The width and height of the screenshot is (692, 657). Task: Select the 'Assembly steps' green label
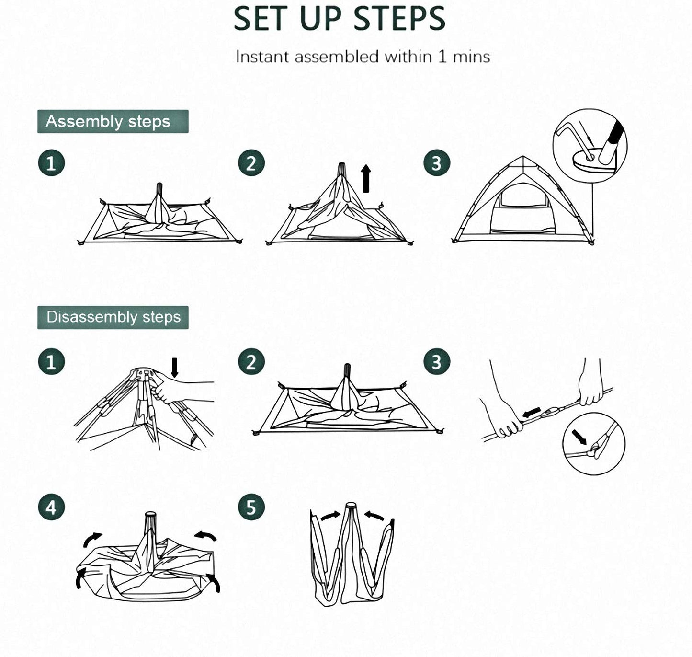coord(113,121)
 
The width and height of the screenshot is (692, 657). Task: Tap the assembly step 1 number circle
coord(51,163)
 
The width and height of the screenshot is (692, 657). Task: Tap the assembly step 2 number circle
coord(251,163)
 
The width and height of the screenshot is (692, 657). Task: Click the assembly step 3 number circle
coord(436,163)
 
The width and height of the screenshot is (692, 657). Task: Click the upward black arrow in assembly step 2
coord(366,178)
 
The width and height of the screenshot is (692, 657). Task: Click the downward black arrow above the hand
coord(174,367)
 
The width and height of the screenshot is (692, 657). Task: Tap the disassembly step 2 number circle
coord(251,362)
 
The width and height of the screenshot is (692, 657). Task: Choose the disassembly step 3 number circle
coord(436,362)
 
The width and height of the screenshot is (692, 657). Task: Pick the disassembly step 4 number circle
coord(51,507)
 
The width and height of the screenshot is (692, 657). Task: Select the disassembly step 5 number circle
coord(251,507)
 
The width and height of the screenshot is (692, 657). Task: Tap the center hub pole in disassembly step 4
coord(150,523)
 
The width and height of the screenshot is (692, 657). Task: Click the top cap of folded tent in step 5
coord(351,506)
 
